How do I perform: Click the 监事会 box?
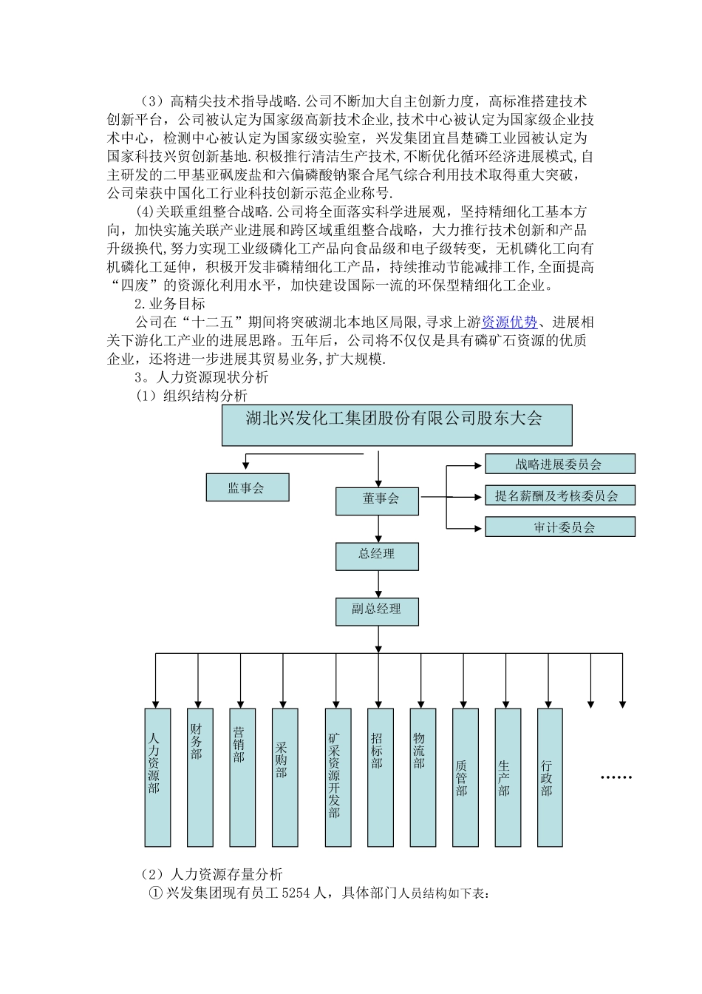247,487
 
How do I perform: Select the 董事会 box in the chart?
377,501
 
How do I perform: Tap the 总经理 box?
377,556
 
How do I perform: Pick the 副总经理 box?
377,611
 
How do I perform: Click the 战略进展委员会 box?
559,464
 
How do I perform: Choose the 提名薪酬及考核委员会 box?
559,496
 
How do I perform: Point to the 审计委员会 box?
559,527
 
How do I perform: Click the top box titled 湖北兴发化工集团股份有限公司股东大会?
396,425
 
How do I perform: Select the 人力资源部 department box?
157,777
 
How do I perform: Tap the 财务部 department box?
200,777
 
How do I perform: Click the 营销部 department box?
242,777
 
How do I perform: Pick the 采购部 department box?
284,777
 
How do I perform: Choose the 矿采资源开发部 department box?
338,777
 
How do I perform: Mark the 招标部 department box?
380,777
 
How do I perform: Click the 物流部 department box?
422,777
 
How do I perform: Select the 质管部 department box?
465,777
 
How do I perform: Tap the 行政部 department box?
550,777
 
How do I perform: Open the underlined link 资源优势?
509,322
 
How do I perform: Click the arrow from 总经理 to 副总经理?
378,584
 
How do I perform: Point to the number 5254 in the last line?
296,893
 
